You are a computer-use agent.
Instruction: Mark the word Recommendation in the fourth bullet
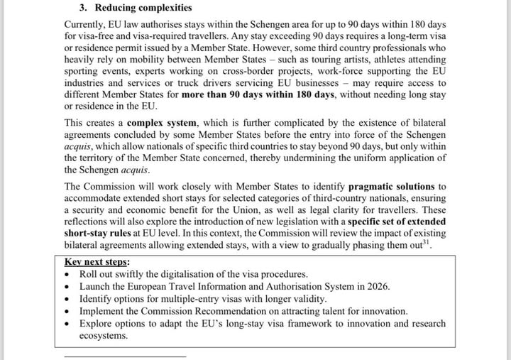point(252,311)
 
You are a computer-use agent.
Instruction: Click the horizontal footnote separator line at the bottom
point(124,355)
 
